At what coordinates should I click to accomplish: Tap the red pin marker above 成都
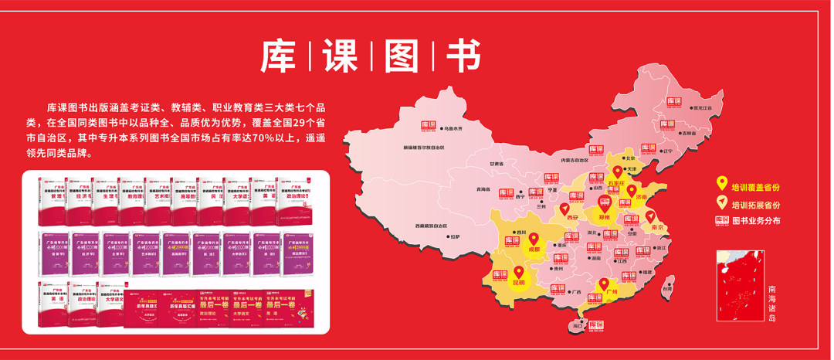coord(534,239)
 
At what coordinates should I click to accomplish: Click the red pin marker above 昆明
coord(518,273)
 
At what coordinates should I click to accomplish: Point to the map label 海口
coord(576,327)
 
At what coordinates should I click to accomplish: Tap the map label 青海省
coord(483,189)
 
